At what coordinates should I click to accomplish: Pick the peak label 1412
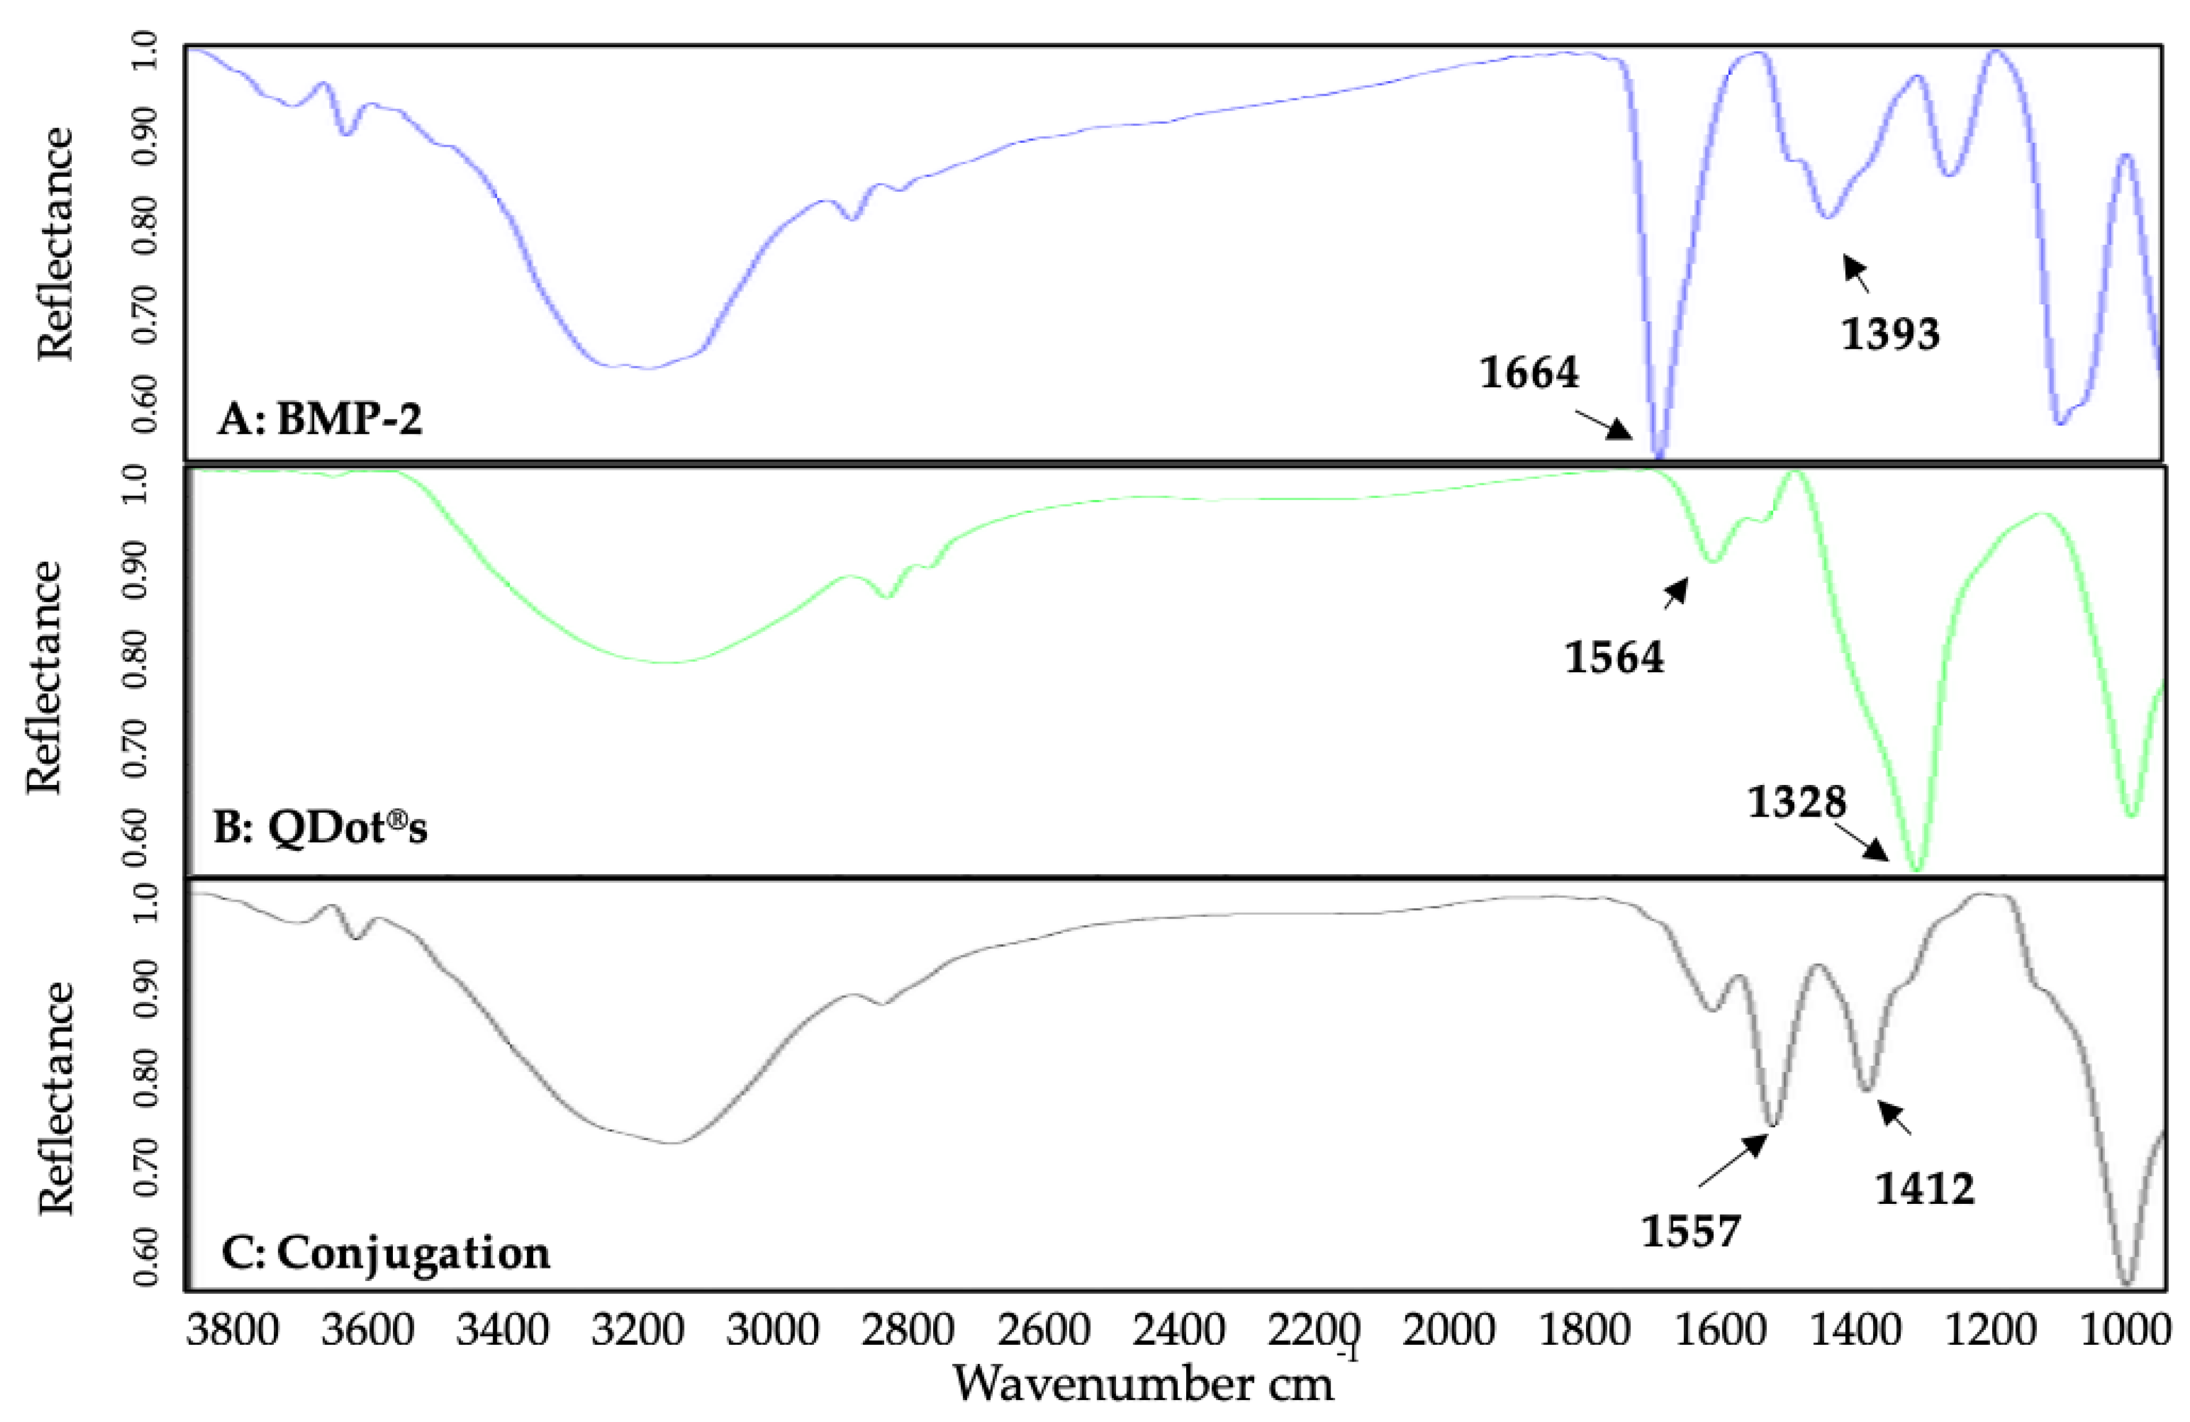1925,1189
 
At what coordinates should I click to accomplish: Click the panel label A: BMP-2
320,421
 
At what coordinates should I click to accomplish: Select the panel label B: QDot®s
320,828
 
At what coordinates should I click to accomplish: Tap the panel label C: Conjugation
387,1253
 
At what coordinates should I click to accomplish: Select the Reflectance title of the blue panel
55,244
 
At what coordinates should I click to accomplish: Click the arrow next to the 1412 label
1895,1118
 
